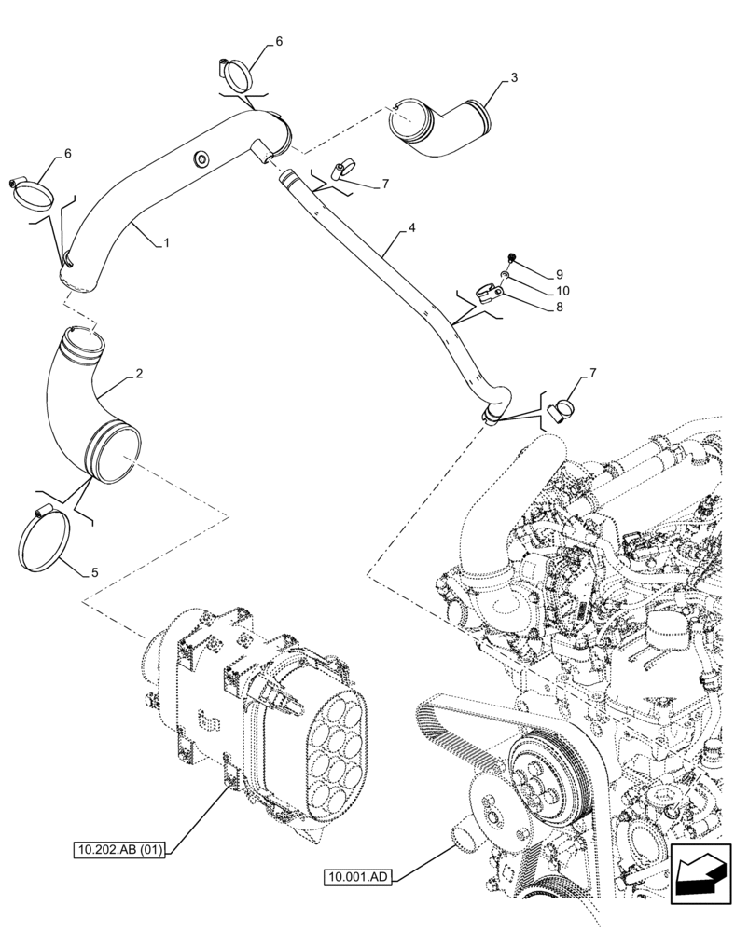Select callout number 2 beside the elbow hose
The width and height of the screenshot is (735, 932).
click(138, 374)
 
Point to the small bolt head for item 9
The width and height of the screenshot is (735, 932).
click(511, 257)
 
